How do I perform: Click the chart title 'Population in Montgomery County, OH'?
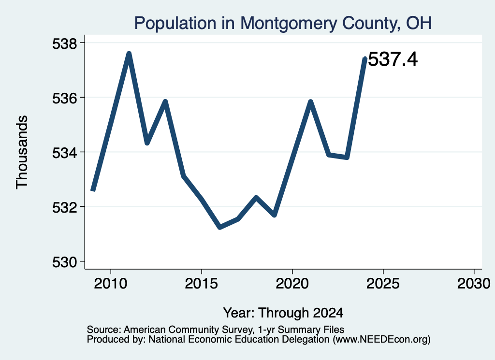pos(283,24)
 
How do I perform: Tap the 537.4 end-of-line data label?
pos(393,59)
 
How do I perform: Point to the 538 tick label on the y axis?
pos(64,43)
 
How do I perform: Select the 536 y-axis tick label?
pos(64,99)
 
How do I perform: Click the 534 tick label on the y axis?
pos(64,153)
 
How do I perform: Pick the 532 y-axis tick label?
pos(64,208)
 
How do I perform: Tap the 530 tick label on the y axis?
pos(64,262)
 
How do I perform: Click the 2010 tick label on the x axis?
pos(111,283)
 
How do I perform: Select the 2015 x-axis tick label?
pos(202,283)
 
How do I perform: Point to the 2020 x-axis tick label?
pos(292,283)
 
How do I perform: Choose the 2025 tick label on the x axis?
pos(383,283)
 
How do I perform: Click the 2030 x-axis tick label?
pos(474,283)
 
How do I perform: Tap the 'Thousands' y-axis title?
pos(22,152)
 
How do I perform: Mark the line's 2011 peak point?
pos(129,54)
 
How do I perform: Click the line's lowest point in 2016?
pos(220,227)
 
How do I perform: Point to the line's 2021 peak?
pos(311,101)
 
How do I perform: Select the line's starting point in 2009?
pos(93,190)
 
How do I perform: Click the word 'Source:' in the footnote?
pos(104,330)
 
